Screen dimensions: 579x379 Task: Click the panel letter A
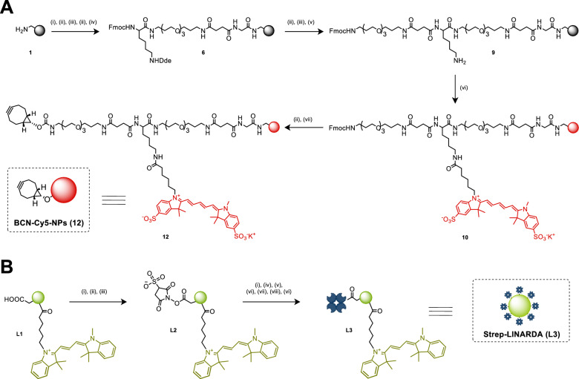click(7, 7)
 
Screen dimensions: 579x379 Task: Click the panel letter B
click(7, 267)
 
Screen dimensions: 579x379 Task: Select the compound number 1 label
click(30, 53)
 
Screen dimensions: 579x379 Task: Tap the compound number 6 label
click(203, 53)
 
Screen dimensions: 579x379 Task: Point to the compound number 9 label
click(493, 53)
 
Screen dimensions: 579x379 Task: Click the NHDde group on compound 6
click(160, 61)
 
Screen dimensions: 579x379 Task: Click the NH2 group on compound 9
click(459, 62)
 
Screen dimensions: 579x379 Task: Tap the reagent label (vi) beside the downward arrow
click(464, 88)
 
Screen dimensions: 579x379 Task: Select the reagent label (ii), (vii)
click(304, 119)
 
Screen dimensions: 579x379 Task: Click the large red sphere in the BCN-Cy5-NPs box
click(63, 190)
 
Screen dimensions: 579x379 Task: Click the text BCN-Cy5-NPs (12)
click(48, 223)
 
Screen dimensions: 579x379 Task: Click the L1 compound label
click(19, 334)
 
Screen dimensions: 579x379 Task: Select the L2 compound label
click(173, 330)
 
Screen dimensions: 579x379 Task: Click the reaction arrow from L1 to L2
click(98, 302)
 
